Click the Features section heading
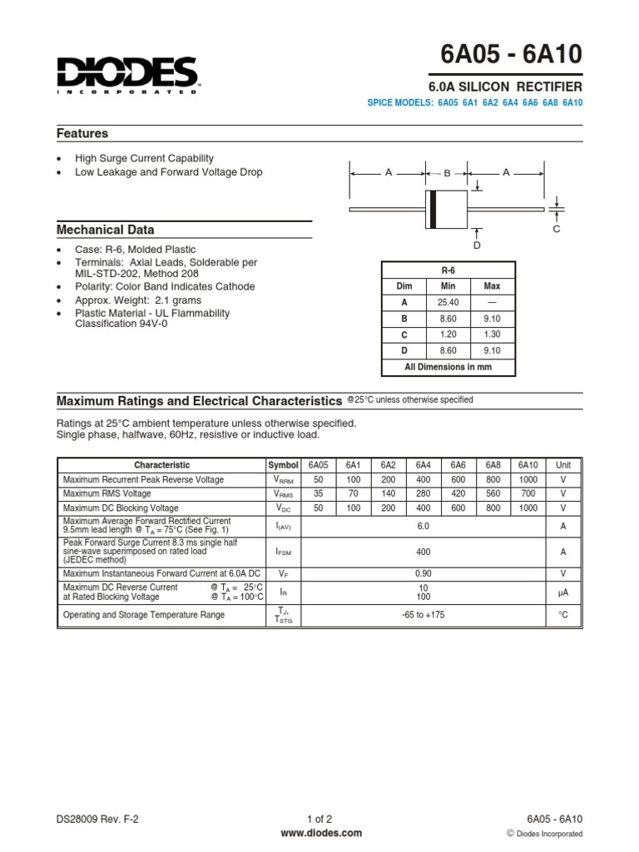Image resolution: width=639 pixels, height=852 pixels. [x=82, y=134]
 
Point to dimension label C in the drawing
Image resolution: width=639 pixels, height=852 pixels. [x=557, y=228]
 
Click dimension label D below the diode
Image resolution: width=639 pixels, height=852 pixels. [x=477, y=245]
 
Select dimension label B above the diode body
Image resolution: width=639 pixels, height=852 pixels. [x=446, y=173]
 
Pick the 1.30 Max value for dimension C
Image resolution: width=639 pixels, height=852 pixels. [x=492, y=334]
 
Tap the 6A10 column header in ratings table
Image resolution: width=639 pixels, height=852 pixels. [x=528, y=465]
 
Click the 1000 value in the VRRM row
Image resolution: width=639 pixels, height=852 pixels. [x=528, y=480]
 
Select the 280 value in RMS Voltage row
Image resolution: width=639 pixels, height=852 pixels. [x=424, y=493]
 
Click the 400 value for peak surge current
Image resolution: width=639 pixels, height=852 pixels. [x=424, y=551]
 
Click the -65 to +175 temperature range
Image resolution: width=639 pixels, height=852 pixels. [x=424, y=615]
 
